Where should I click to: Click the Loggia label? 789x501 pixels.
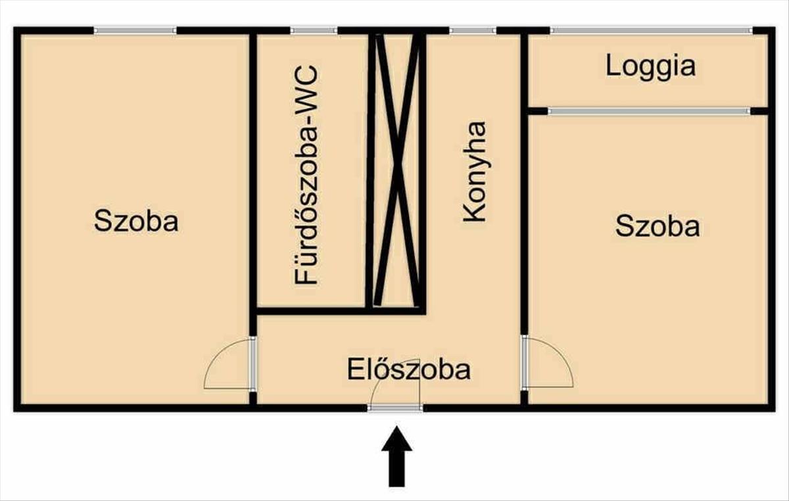650,67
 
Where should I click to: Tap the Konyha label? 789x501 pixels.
475,172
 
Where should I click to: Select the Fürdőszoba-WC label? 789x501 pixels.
306,175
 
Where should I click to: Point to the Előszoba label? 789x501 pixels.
408,370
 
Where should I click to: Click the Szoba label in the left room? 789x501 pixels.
136,221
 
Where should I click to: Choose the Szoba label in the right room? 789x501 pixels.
657,226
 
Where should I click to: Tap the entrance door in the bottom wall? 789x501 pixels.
395,408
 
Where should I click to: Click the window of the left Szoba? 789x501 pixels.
135,31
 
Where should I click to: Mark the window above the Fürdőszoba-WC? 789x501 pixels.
314,31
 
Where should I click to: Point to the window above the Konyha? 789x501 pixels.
473,31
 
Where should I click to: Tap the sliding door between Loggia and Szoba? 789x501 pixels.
649,111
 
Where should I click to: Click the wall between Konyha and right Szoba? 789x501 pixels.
524,183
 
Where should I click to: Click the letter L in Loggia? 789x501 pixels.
612,66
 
